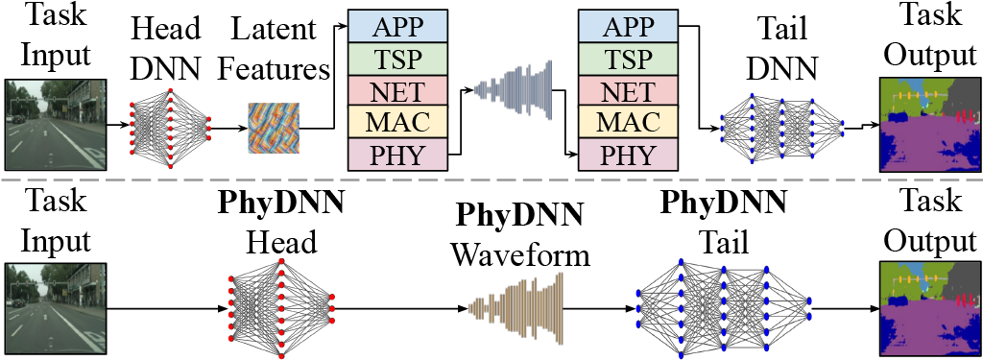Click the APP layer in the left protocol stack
pyautogui.click(x=398, y=26)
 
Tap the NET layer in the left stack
pyautogui.click(x=398, y=90)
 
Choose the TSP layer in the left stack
pyautogui.click(x=398, y=59)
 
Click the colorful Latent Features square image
pyautogui.click(x=274, y=128)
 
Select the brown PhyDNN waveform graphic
pyautogui.click(x=516, y=308)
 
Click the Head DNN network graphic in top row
pyautogui.click(x=170, y=129)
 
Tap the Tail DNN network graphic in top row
pyautogui.click(x=782, y=129)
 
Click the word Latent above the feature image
pyautogui.click(x=273, y=30)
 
